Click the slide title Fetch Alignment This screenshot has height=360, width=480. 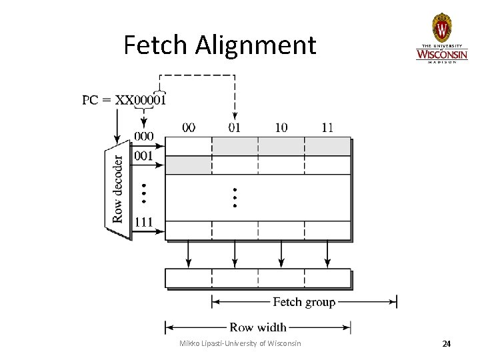click(219, 45)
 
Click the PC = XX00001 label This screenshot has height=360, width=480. click(125, 100)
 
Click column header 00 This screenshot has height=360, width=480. click(189, 127)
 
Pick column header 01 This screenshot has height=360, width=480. click(235, 127)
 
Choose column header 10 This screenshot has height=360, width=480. click(281, 127)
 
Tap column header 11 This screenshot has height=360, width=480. click(327, 127)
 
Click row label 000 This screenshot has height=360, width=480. click(143, 137)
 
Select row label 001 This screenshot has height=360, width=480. click(143, 156)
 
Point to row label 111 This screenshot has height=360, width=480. click(143, 221)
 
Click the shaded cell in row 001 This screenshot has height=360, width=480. click(189, 165)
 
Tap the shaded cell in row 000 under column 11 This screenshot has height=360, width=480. click(327, 146)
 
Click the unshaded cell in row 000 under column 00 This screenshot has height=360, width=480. click(189, 146)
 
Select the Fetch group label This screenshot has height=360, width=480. click(304, 302)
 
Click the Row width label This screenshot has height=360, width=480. click(258, 327)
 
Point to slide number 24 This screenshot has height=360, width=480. click(447, 344)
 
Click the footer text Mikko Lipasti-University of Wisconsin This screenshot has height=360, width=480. click(240, 343)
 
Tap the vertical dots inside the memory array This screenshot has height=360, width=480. click(235, 195)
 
